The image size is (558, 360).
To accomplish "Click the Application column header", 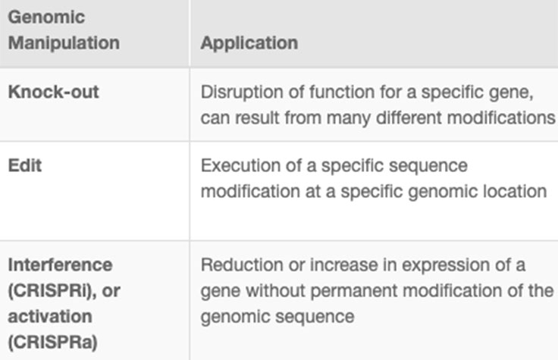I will [249, 42].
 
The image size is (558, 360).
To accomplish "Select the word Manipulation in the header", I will [64, 42].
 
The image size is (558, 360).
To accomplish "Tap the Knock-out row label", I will [53, 92].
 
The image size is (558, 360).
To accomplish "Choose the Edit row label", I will [25, 164].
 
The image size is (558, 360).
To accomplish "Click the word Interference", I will [60, 265].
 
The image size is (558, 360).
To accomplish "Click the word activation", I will [49, 316].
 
